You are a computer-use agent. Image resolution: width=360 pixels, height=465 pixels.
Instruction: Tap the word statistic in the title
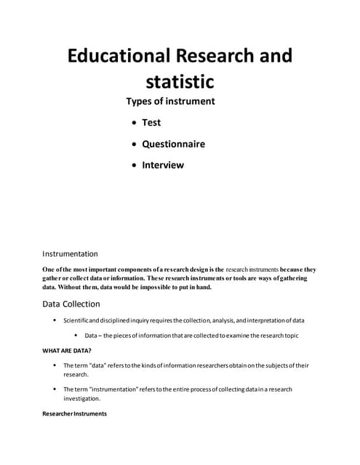coord(180,79)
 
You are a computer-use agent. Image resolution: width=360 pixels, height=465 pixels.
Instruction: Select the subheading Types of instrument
coord(170,101)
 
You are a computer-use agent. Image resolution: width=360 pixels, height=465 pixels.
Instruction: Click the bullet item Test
coord(151,122)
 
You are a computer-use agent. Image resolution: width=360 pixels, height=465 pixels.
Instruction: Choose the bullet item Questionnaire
coord(173,143)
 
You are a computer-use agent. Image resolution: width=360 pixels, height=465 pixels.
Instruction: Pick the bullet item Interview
coord(163,164)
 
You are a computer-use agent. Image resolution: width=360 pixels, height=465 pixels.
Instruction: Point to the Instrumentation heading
coord(71,254)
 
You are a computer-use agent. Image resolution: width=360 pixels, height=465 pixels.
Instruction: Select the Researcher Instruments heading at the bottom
coord(75,413)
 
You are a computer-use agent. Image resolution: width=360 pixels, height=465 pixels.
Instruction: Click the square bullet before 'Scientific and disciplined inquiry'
coord(55,320)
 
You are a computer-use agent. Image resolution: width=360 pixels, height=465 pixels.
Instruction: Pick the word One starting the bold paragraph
coord(50,270)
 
